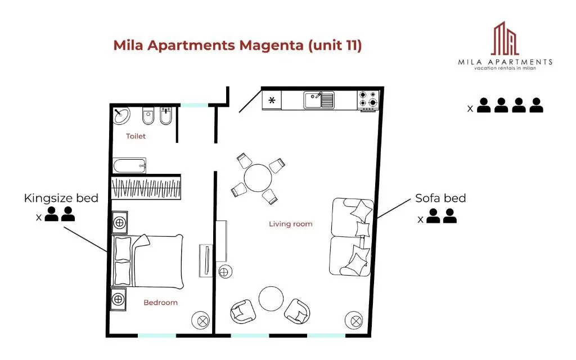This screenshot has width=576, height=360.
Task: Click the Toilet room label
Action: click(136, 136)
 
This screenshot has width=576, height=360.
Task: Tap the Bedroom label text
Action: click(160, 303)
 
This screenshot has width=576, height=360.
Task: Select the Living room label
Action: click(291, 224)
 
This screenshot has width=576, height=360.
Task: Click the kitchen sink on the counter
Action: click(319, 100)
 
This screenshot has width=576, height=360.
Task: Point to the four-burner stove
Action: click(368, 100)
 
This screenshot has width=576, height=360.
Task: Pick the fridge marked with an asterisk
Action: click(272, 100)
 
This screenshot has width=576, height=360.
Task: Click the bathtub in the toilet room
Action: click(129, 166)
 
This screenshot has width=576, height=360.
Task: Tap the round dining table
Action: click(258, 178)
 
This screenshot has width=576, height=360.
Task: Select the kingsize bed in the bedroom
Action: click(147, 261)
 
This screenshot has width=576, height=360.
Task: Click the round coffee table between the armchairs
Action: click(271, 299)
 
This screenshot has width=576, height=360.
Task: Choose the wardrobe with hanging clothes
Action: click(146, 188)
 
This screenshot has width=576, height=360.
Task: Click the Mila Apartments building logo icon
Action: click(505, 38)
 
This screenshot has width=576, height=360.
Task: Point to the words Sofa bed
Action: click(440, 199)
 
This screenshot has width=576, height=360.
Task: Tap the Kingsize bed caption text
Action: click(61, 199)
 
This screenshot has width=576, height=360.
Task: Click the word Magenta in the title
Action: click(272, 45)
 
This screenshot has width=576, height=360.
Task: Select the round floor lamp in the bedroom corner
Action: click(201, 320)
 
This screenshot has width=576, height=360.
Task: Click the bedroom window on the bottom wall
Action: click(157, 335)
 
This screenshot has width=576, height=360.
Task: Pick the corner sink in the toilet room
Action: click(121, 116)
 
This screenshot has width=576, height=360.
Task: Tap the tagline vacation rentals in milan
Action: click(505, 68)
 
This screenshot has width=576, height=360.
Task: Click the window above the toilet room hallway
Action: click(194, 105)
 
